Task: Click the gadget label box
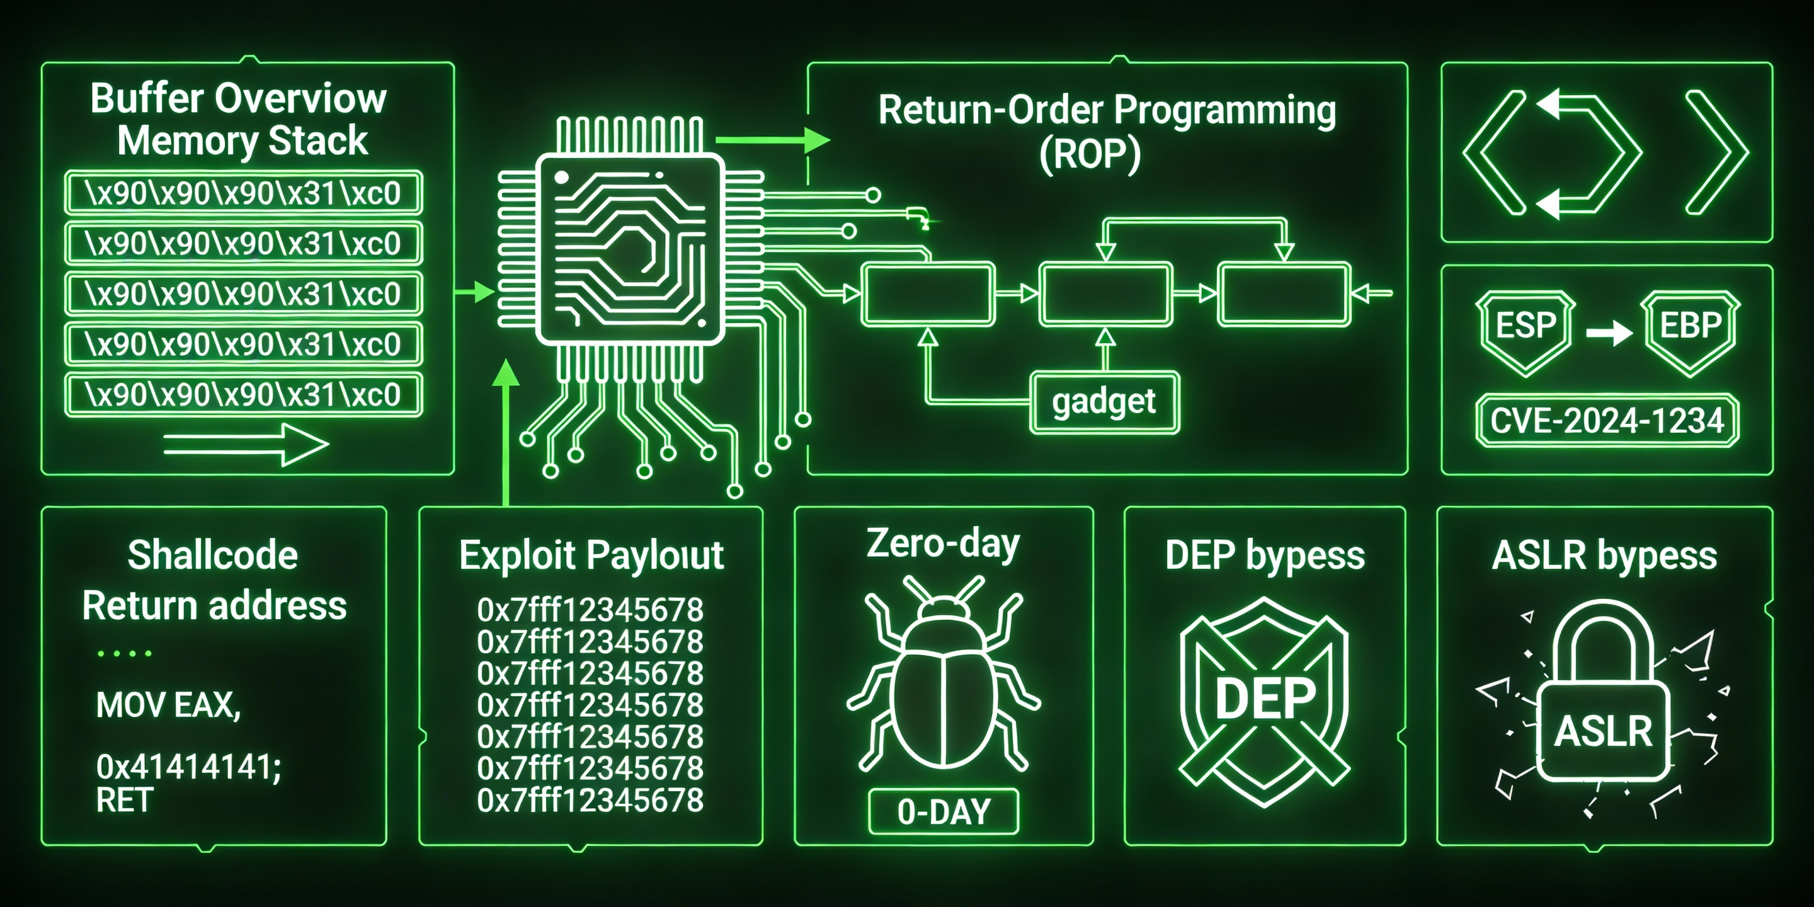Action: click(1104, 402)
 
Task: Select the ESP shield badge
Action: click(1526, 328)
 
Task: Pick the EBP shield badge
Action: click(1690, 328)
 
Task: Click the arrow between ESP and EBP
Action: click(1609, 333)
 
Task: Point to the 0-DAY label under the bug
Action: click(944, 812)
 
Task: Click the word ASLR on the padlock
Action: click(1604, 732)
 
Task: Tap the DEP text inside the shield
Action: click(1265, 699)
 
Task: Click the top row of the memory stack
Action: click(243, 193)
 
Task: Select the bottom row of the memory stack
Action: click(243, 394)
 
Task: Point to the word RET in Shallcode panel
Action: click(124, 800)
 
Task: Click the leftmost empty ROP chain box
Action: click(928, 294)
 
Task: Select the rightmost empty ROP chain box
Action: click(1284, 294)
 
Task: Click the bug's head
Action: click(943, 608)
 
